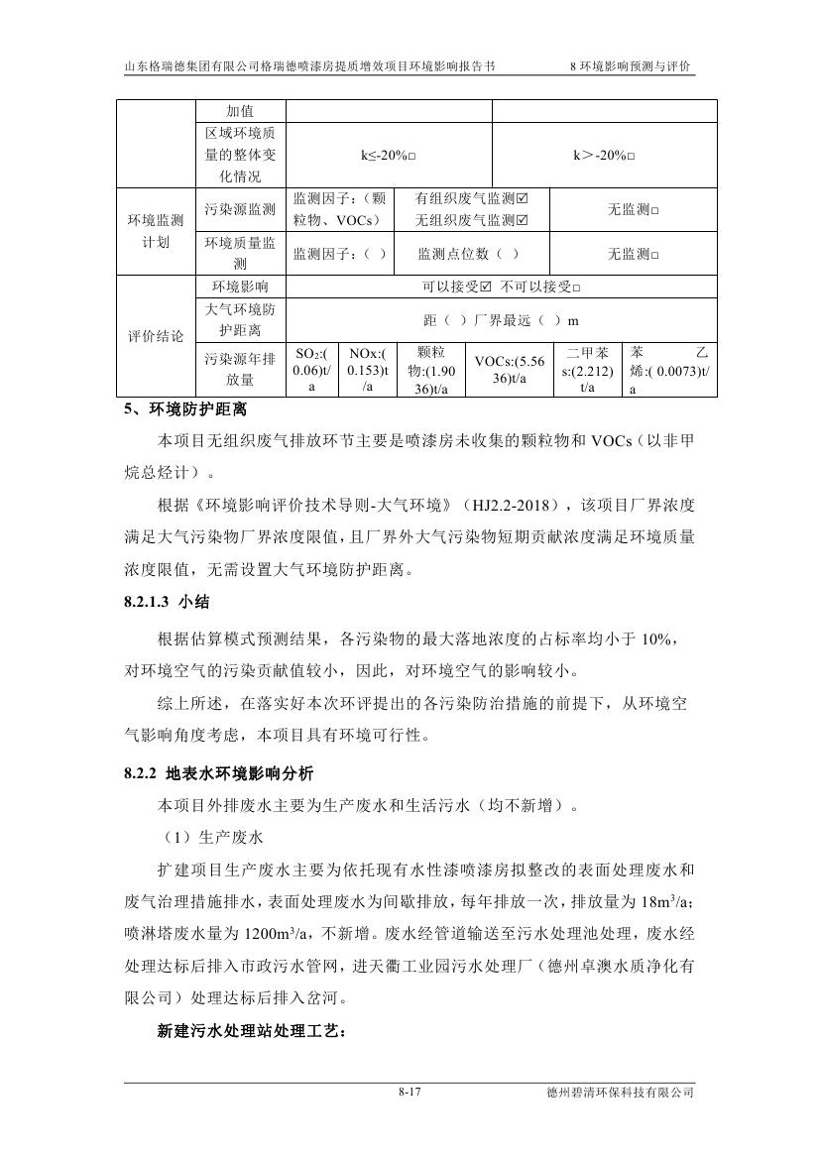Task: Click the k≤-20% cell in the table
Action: click(388, 156)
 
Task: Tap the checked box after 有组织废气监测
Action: click(523, 199)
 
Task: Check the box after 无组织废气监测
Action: click(523, 220)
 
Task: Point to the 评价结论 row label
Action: click(156, 336)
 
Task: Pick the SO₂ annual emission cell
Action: click(311, 370)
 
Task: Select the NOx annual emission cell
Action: click(366, 370)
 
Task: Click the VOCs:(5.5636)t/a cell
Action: click(509, 370)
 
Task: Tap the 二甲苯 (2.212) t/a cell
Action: click(587, 370)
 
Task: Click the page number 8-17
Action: click(410, 1093)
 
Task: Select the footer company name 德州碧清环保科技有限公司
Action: click(620, 1094)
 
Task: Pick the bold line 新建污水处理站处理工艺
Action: click(252, 1032)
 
